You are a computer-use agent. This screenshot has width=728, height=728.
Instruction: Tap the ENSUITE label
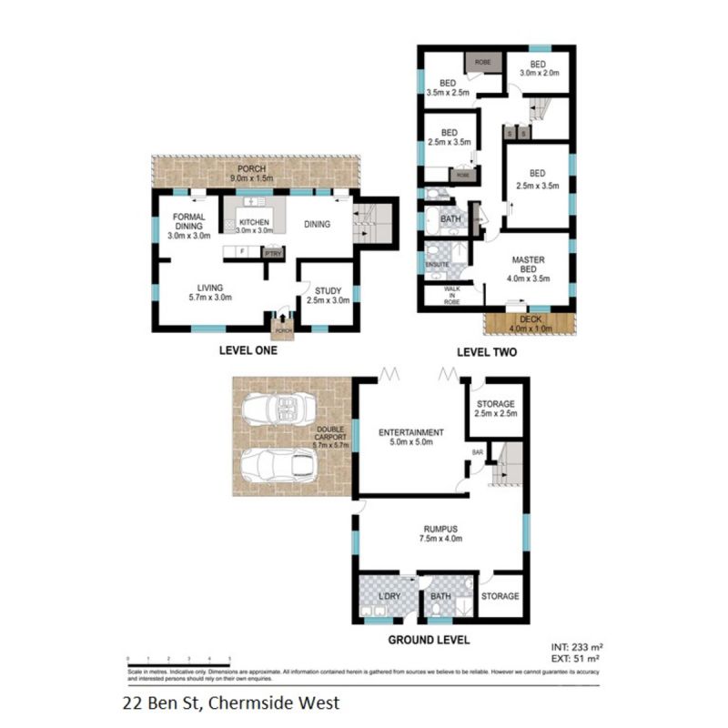(438, 265)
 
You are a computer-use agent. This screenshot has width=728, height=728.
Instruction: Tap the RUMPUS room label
(440, 532)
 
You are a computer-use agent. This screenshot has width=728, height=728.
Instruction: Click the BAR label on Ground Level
(475, 450)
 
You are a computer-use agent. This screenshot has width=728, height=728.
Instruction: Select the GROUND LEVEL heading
(429, 640)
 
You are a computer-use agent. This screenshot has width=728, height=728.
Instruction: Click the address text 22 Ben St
(231, 703)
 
